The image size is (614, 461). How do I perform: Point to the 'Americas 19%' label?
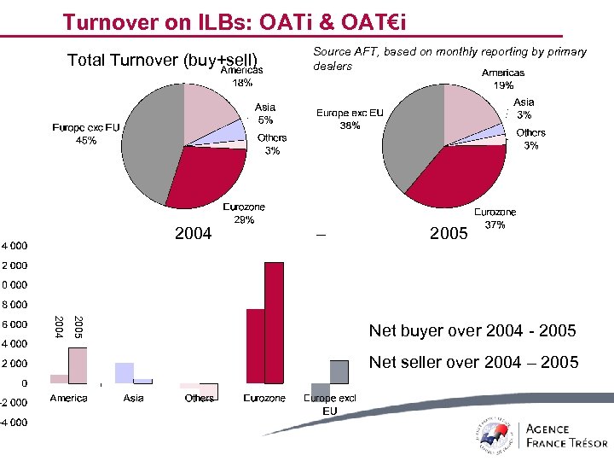point(503,79)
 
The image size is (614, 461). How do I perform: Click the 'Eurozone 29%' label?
point(244,213)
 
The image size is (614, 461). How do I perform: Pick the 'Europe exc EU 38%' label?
point(339,119)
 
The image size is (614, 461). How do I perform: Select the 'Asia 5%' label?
point(265,114)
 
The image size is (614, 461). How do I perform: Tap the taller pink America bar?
point(78,365)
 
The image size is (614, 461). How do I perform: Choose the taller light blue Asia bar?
point(125,372)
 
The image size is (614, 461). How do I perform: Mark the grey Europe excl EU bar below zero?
point(320,391)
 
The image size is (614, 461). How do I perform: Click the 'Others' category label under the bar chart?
point(200,399)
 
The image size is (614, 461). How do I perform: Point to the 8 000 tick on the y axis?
point(13,304)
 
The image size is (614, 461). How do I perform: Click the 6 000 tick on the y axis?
point(13,324)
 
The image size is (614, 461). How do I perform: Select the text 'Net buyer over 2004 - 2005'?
point(472,330)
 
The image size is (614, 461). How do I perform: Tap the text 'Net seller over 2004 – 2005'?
point(472,362)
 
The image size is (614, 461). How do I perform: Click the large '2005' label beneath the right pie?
point(449,232)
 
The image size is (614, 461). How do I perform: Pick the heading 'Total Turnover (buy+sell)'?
point(162,60)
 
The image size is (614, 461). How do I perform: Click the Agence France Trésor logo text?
point(566,435)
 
